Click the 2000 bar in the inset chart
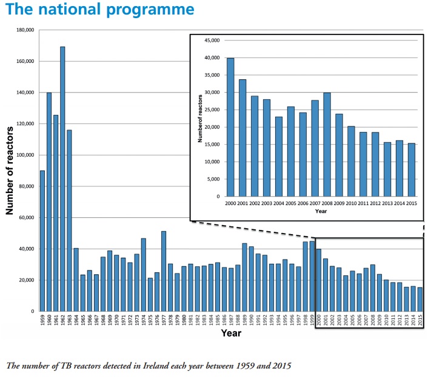(230, 127)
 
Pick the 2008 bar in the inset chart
(327, 145)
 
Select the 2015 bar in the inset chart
(412, 170)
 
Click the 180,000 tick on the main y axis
(24, 30)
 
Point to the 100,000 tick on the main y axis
(24, 155)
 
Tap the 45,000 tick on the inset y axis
(210, 41)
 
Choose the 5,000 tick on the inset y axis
(212, 179)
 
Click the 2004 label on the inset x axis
(279, 203)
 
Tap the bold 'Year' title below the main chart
(231, 333)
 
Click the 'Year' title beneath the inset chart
(321, 212)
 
